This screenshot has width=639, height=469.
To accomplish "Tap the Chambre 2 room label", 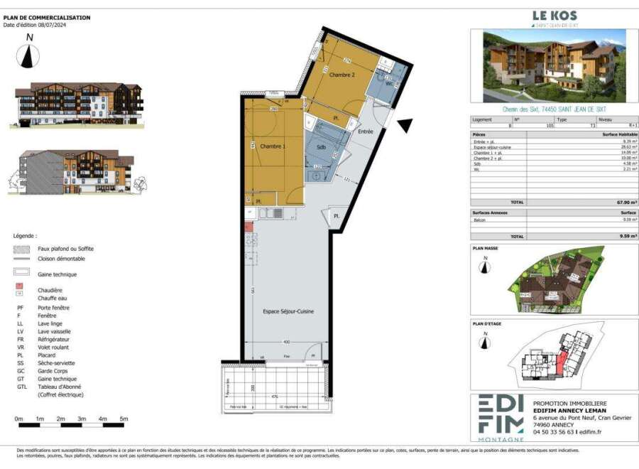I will (x=342, y=75).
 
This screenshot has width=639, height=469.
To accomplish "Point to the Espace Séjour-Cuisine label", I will (x=288, y=311).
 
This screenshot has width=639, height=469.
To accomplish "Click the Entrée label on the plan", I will (x=365, y=131).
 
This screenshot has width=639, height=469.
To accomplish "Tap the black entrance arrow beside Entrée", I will (x=405, y=126).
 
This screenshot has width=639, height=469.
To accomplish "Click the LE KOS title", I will (x=555, y=15).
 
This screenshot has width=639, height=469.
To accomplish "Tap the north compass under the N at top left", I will (x=28, y=55).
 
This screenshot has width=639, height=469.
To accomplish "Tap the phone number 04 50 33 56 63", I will (x=553, y=431).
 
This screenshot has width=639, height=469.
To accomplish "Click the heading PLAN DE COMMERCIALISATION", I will (x=47, y=18).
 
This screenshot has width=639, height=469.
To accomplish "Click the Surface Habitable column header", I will (x=618, y=134).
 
